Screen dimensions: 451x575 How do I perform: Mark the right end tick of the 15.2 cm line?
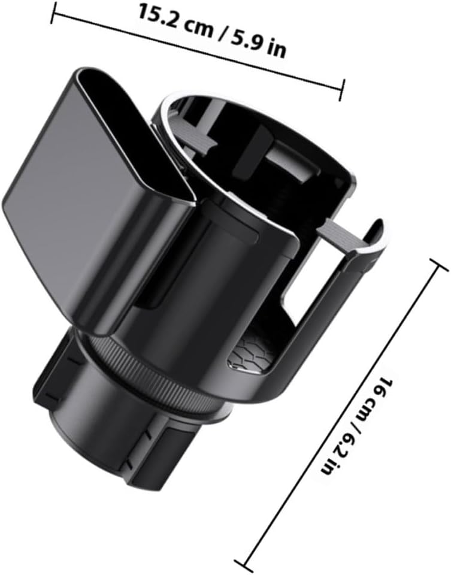tap(342, 90)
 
